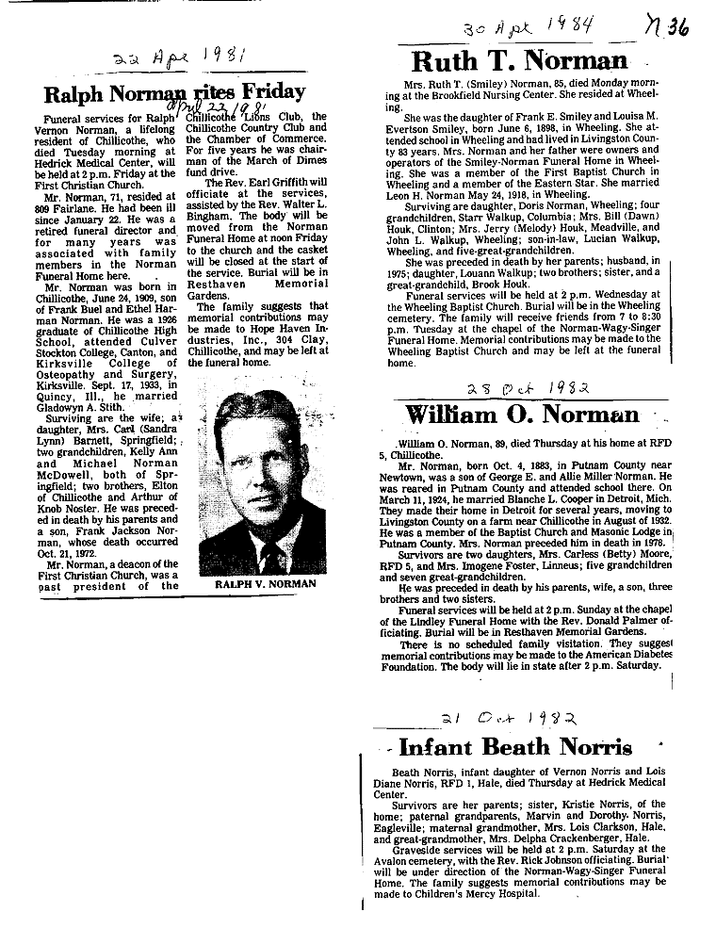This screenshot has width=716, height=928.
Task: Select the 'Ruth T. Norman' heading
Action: click(520, 64)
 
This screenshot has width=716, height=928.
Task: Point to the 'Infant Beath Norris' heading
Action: click(514, 747)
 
